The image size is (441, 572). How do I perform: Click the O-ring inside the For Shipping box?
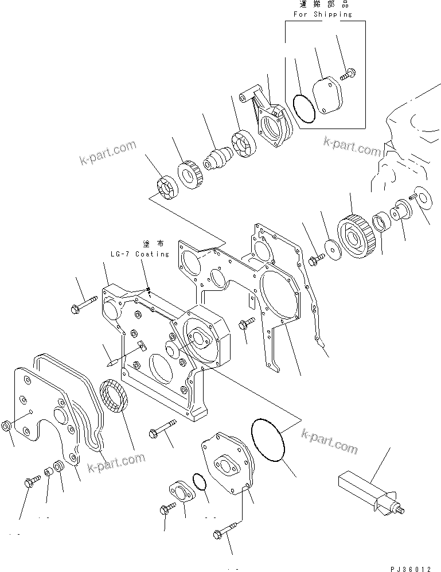[302, 108]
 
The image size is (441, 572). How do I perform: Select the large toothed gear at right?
[356, 235]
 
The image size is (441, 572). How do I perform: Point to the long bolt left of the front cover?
[83, 303]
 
